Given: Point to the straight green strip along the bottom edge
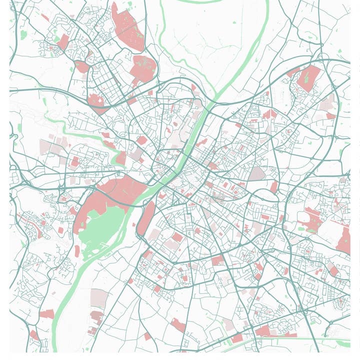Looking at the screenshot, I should click(x=300, y=339).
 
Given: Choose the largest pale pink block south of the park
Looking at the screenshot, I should click(x=98, y=298).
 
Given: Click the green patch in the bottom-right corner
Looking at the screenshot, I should click(x=343, y=343).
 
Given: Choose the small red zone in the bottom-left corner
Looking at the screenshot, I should click(x=33, y=334).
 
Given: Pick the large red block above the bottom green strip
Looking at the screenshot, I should click(x=263, y=330).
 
